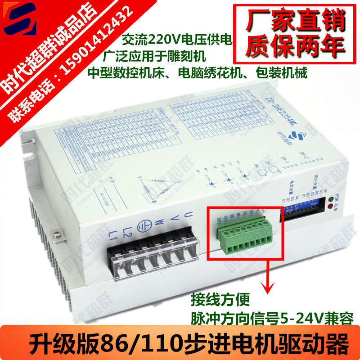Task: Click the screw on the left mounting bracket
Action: [56, 234]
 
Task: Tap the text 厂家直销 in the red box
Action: [290, 21]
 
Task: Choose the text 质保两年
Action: [290, 45]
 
